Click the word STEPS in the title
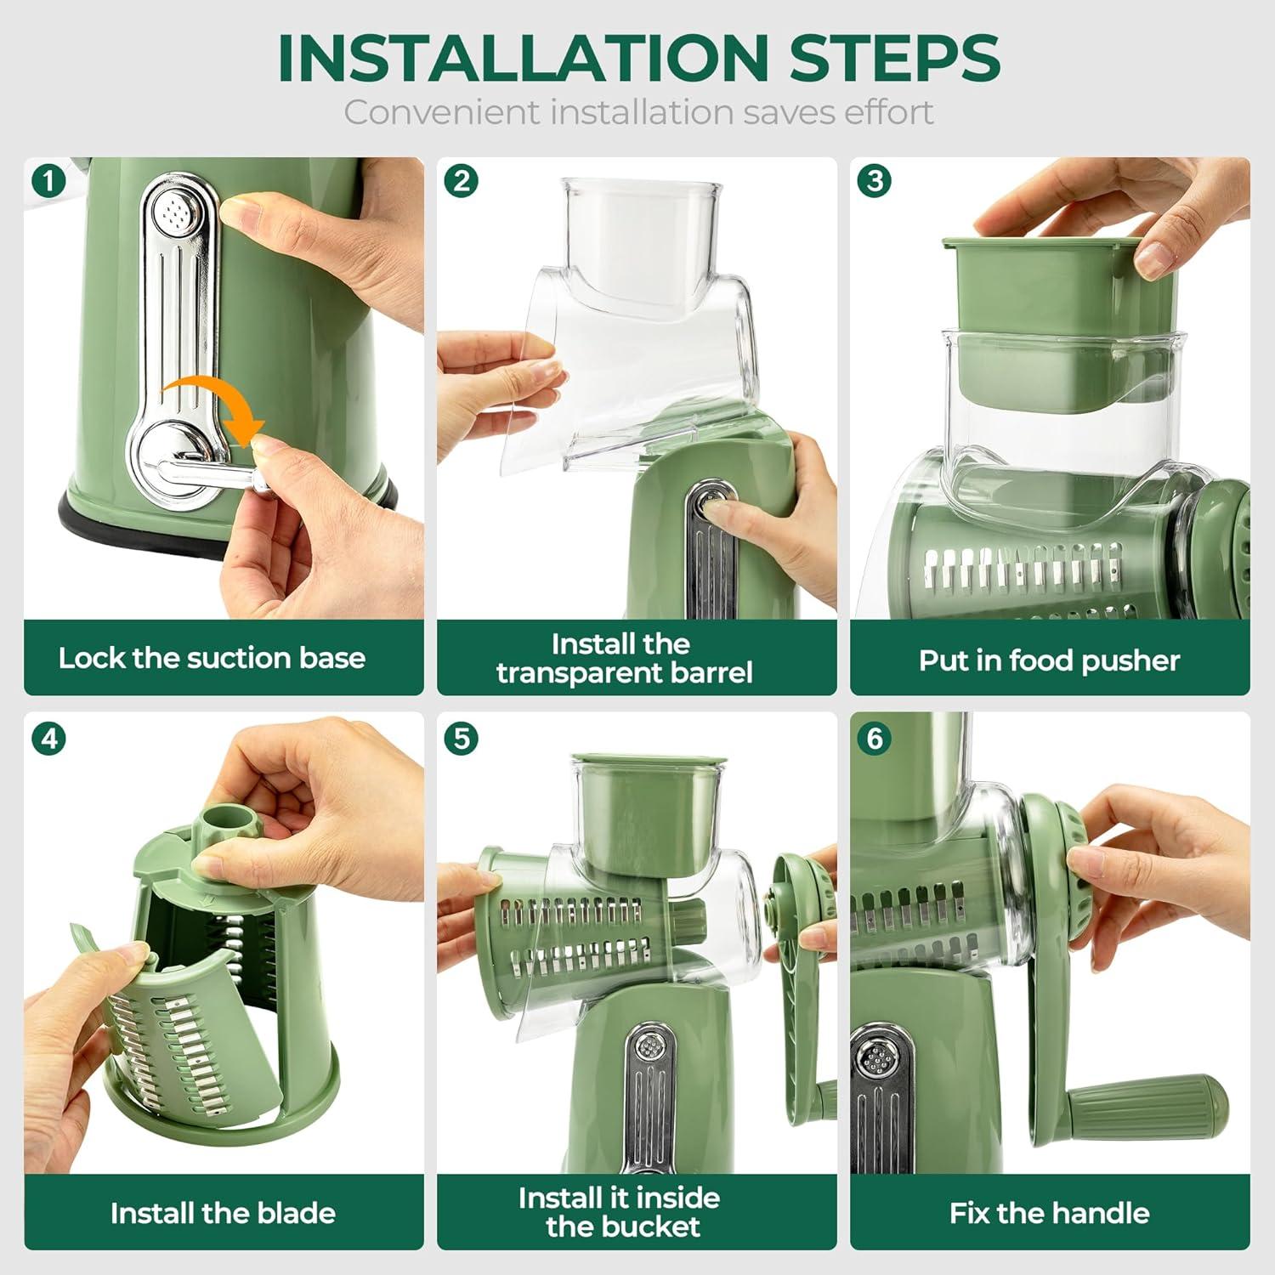pos(894,58)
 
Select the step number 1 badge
pos(48,181)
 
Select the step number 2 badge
pos(462,181)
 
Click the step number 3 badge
pos(875,181)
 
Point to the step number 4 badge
pos(48,738)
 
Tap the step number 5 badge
pos(462,738)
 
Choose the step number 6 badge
pos(875,738)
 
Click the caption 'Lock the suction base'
pos(212,658)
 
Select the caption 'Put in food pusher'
pos(1049,660)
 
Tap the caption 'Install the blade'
pos(223,1213)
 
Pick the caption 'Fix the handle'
pos(1049,1213)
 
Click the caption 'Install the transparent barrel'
pos(624,658)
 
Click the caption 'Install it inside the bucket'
pos(620,1212)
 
